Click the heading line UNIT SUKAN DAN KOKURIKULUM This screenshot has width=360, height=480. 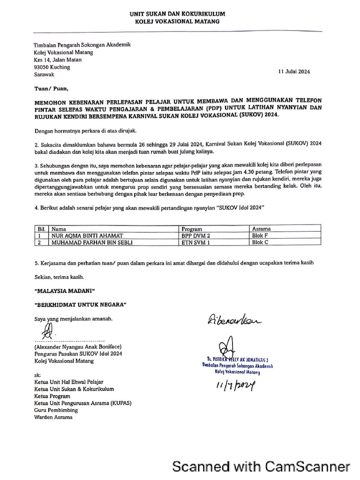click(x=177, y=15)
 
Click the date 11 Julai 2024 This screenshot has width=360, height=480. click(x=294, y=72)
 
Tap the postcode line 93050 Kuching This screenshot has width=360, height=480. click(x=52, y=67)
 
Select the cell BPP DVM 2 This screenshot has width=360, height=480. click(x=196, y=236)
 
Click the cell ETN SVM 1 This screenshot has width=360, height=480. click(x=195, y=243)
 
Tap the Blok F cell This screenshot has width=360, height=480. click(x=260, y=236)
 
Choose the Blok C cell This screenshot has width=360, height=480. click(x=260, y=243)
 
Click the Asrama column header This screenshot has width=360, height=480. click(x=261, y=229)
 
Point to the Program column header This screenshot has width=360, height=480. click(x=192, y=229)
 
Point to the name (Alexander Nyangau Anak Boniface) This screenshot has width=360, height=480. click(x=78, y=346)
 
